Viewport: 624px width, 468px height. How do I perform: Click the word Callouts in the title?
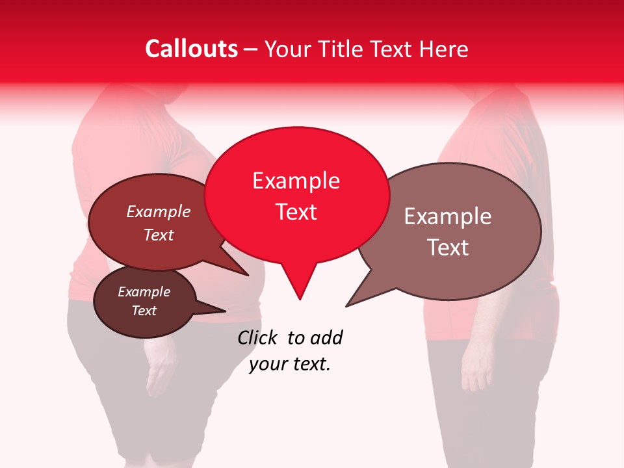tap(191, 49)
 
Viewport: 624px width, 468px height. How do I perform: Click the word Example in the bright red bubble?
tap(296, 181)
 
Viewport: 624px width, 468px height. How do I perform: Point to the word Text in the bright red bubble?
tap(296, 212)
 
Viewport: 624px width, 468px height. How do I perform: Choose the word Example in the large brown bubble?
tap(448, 216)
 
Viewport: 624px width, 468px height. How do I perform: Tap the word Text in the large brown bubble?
tap(448, 248)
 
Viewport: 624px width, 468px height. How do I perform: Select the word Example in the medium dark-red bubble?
tap(159, 211)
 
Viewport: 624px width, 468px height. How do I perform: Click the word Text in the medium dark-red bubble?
tap(159, 235)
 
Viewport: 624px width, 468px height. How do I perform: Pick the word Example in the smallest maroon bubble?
tap(144, 292)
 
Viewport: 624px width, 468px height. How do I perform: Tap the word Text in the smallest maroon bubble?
tap(144, 311)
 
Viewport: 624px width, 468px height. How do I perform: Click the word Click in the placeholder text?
tap(257, 337)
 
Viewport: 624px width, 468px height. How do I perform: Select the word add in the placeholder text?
tap(326, 337)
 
